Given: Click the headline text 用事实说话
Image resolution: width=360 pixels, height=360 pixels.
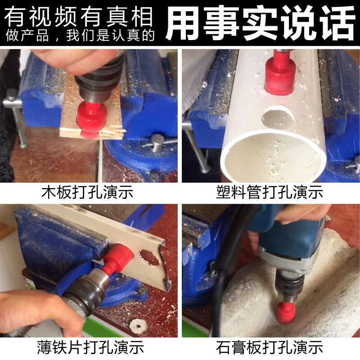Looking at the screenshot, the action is pyautogui.click(x=260, y=23).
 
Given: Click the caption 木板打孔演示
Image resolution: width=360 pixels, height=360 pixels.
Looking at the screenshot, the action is pyautogui.click(x=87, y=192).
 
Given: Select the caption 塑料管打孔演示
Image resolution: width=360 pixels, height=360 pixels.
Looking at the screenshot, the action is pyautogui.click(x=270, y=192).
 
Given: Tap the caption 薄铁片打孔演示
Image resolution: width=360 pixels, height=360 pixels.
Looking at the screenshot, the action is pyautogui.click(x=90, y=347).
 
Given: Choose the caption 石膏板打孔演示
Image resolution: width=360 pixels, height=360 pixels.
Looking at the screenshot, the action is pyautogui.click(x=270, y=347).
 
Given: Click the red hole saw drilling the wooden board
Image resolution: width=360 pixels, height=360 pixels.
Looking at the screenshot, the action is pyautogui.click(x=91, y=119).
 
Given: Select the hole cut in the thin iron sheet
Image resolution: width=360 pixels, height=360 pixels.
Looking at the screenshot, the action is pyautogui.click(x=149, y=257).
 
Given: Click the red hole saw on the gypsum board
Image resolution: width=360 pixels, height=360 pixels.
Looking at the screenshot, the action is pyautogui.click(x=286, y=312).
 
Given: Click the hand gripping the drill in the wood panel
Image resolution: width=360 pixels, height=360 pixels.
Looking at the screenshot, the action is pyautogui.click(x=76, y=60).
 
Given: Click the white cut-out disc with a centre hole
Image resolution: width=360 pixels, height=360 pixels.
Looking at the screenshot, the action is pyautogui.click(x=138, y=326).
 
